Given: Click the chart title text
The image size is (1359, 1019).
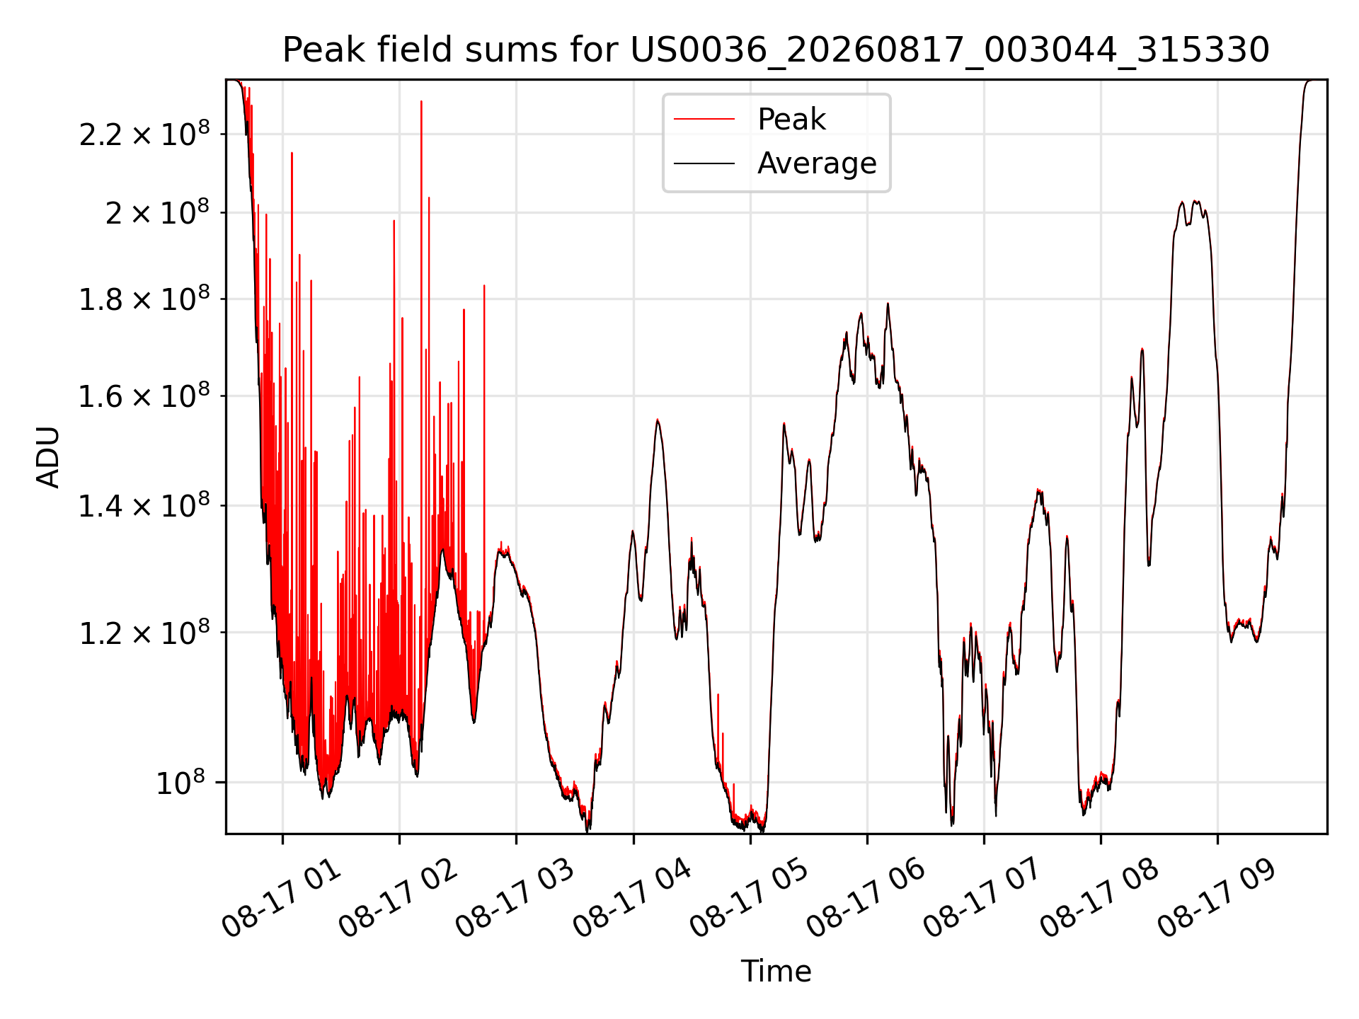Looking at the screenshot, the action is tap(776, 50).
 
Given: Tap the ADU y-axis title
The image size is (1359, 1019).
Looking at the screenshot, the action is tap(48, 456).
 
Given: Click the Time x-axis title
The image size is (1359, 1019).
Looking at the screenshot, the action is tap(776, 971).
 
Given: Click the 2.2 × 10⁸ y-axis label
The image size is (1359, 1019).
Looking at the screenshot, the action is tap(144, 133).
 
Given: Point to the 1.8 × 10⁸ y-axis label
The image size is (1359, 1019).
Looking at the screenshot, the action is tap(144, 299).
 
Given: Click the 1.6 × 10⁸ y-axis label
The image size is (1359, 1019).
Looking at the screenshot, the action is tap(144, 396).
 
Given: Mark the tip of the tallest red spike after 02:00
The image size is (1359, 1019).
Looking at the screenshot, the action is tap(421, 101).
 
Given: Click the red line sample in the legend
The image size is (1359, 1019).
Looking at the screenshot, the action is tap(704, 120).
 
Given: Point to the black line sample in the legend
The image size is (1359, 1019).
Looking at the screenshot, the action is tap(704, 163).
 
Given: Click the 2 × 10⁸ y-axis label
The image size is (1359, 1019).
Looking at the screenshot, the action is tap(158, 212).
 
